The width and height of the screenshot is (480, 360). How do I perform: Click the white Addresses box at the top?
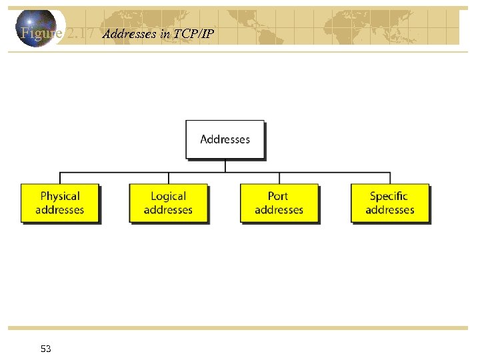coord(225,139)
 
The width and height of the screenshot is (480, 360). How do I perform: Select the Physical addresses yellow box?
coord(60,203)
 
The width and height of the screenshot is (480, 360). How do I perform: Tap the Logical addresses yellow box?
coord(169,203)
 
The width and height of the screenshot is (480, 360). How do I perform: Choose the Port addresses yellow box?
coord(279,203)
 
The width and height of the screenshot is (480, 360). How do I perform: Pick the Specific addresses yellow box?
coord(390,203)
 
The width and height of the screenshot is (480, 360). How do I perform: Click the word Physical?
coord(60,196)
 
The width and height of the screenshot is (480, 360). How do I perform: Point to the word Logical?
coord(169,196)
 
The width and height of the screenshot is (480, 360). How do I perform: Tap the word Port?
coord(278,196)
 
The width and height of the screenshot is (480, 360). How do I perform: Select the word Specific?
coord(389,196)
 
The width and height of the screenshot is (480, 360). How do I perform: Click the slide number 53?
coord(46,349)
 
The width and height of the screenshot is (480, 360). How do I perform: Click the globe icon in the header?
coord(37,28)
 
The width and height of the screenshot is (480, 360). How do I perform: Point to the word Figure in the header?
coord(41,33)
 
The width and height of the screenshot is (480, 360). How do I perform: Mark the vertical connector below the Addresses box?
coord(225,166)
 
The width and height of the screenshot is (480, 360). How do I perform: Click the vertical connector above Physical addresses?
coord(60,178)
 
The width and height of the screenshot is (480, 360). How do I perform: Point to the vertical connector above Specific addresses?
coord(390,178)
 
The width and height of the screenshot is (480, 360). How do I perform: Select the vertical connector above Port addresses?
coord(279,178)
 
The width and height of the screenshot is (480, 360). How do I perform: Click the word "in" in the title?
coord(165,34)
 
